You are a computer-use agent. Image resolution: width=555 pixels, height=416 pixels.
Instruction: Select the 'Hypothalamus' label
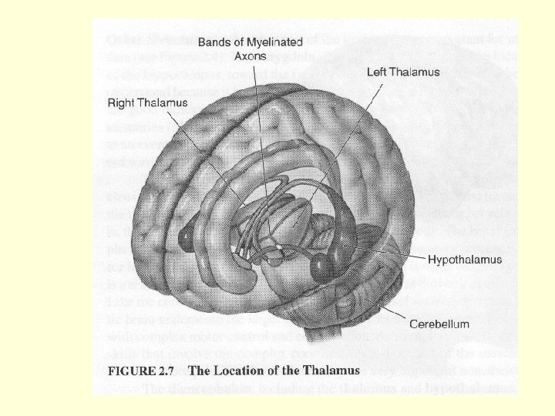coord(464,260)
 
